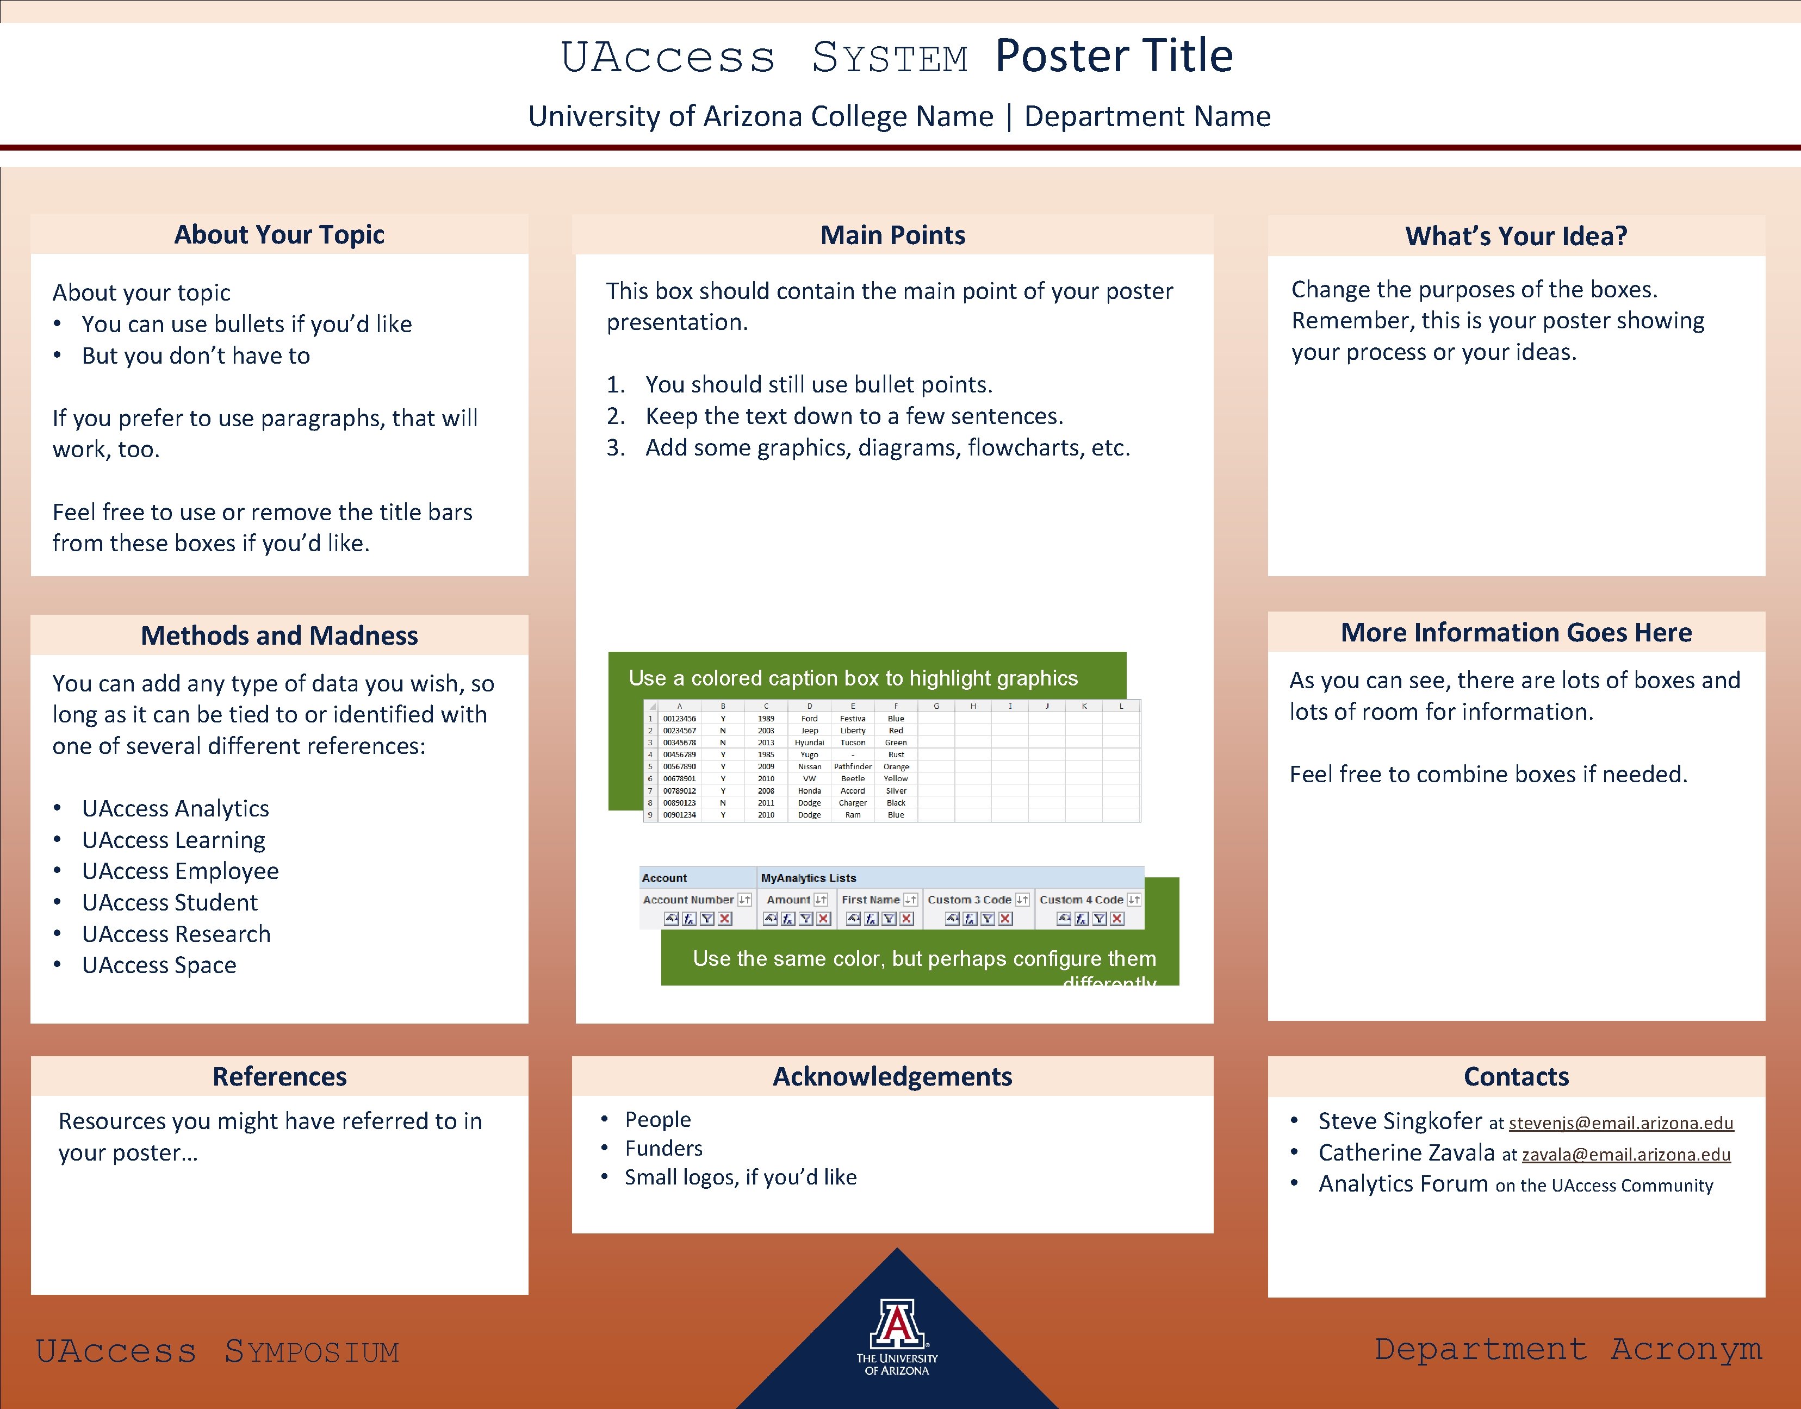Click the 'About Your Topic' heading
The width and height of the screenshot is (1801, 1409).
(x=279, y=235)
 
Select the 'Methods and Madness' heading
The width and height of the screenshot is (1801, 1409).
(x=279, y=635)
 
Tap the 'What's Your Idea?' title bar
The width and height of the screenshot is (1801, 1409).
(x=1516, y=236)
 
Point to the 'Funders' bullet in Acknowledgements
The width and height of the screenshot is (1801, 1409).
(x=663, y=1148)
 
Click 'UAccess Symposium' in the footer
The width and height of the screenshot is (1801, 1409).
(x=217, y=1351)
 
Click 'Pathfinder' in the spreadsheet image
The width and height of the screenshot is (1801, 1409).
(x=852, y=766)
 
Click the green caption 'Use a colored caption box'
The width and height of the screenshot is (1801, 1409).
(x=852, y=678)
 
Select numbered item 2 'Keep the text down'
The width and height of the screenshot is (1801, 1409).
(x=854, y=416)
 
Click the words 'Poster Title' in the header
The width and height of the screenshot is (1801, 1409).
(x=1113, y=56)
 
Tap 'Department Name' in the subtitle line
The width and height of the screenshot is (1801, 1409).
(x=1147, y=116)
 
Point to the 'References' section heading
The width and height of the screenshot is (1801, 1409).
(x=279, y=1076)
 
